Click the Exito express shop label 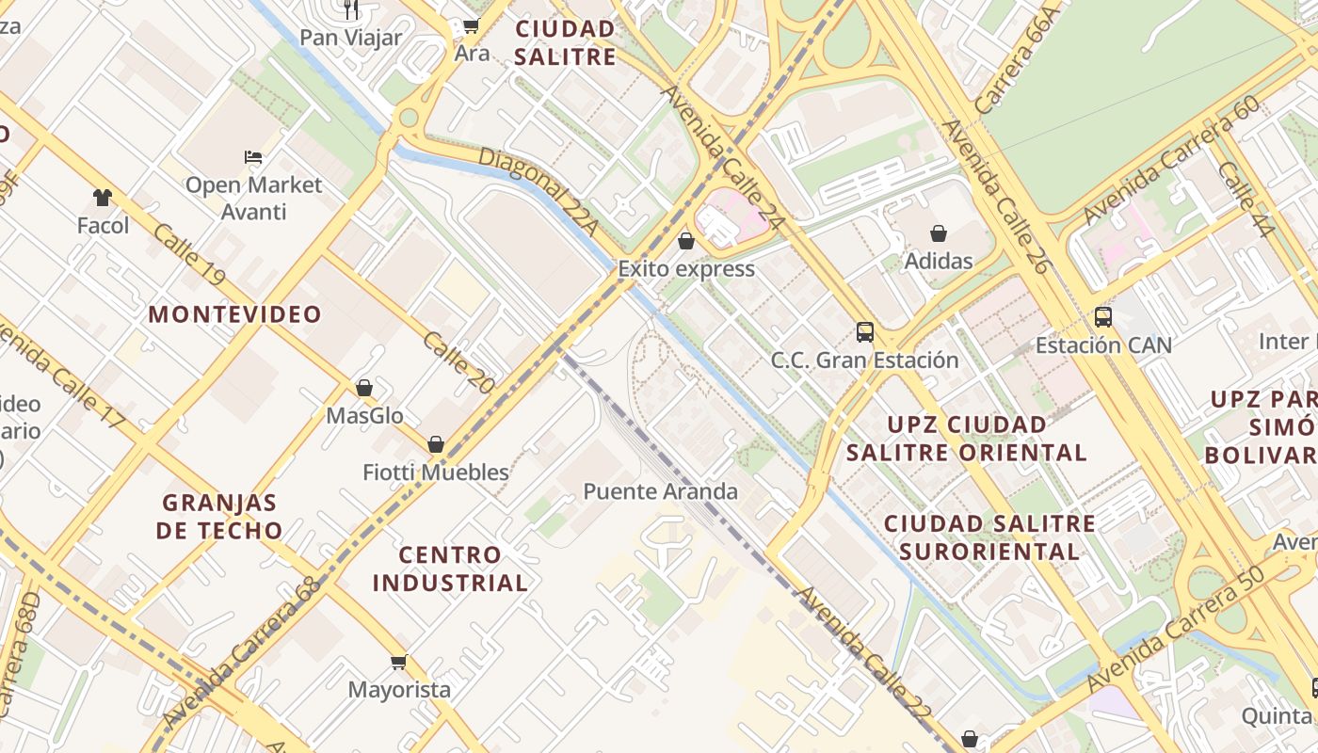coord(686,269)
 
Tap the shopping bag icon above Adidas coord(939,233)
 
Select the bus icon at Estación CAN coord(1102,317)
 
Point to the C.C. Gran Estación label coord(864,360)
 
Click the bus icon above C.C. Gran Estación coord(864,331)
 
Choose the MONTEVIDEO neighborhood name coord(234,314)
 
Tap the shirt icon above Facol coord(103,198)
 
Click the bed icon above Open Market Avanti coord(253,156)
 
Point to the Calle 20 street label coord(458,362)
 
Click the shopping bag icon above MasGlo coord(364,388)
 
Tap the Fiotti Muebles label coord(436,473)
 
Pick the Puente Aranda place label coord(660,491)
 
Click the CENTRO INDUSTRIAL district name coord(450,569)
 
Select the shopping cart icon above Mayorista coord(399,663)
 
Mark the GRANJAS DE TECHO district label coord(220,516)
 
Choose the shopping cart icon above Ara coord(471,26)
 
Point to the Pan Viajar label coord(350,39)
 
